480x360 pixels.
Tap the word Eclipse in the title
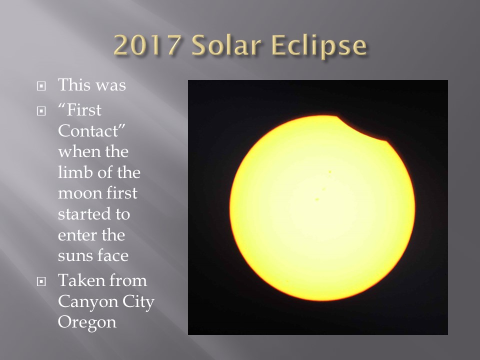point(319,46)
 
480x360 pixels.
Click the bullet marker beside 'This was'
point(41,86)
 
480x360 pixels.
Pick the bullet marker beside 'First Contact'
point(41,111)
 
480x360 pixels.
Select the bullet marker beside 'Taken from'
point(41,281)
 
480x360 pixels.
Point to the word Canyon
point(88,302)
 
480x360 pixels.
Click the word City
point(138,302)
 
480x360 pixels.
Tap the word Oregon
point(87,323)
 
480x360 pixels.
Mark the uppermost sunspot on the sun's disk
point(329,172)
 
